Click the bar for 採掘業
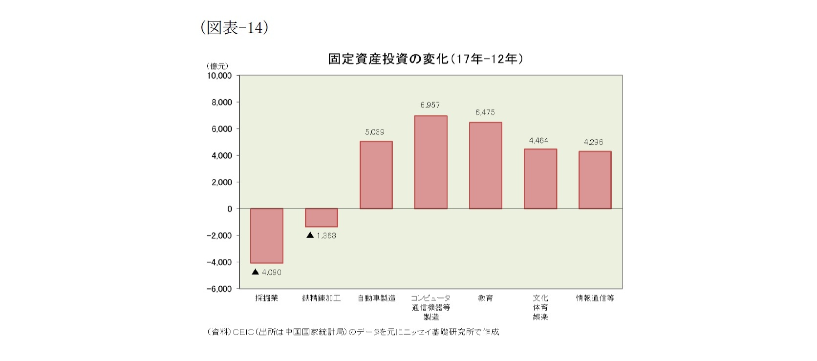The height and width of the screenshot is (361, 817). coord(267,236)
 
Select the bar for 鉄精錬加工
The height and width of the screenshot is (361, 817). coord(322,218)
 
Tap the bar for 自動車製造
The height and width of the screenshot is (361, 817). coord(376,175)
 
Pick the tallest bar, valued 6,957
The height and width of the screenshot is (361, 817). coord(430,162)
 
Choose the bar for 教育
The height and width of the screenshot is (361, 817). coord(485,166)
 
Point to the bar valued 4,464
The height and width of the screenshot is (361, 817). coord(540,179)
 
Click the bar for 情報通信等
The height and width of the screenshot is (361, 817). coord(595,180)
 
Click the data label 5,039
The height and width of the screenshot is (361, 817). coord(375,132)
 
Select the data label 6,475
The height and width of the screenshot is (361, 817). coord(485,112)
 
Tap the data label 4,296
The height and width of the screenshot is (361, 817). coord(593,142)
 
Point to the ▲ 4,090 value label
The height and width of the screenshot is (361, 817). coord(267,272)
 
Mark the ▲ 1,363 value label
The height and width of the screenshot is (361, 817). coord(322,235)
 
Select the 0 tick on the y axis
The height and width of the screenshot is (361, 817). coord(229,209)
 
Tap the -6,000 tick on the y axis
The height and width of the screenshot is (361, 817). coord(219,289)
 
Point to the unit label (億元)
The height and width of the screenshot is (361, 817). coord(217,66)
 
